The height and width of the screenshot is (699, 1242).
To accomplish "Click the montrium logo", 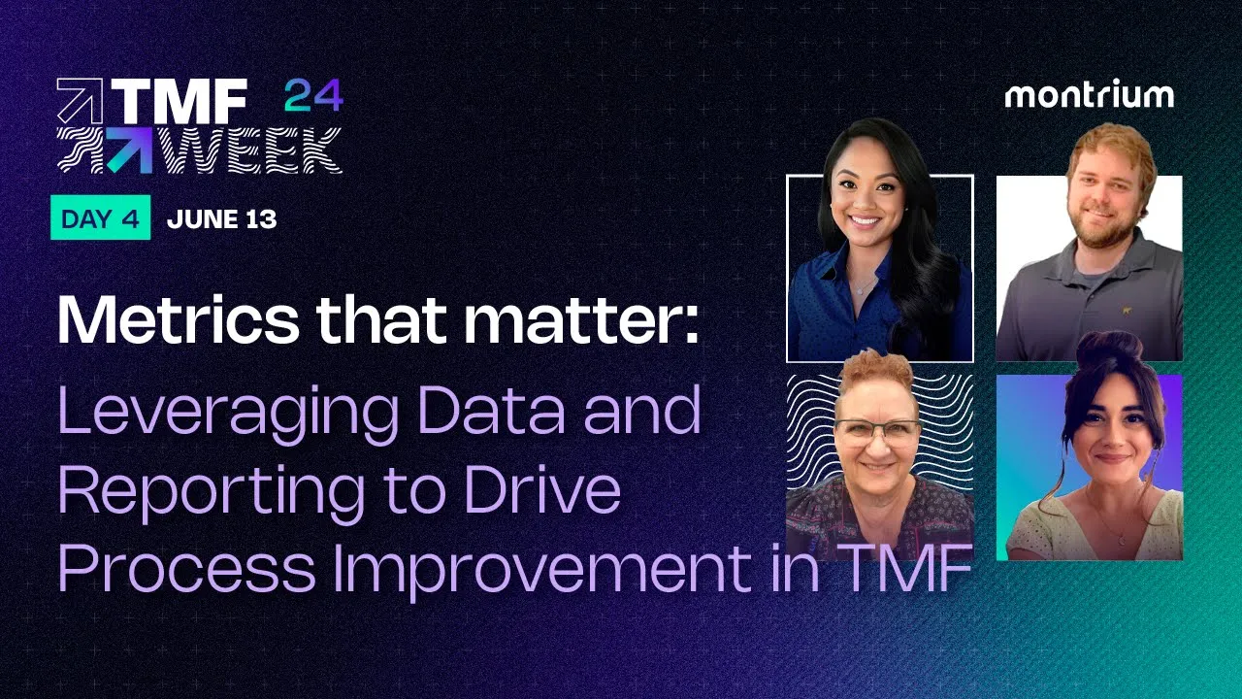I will coord(1089,95).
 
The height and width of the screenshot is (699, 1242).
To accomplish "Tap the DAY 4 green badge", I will coord(100,219).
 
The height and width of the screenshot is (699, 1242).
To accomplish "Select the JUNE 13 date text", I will coord(221,219).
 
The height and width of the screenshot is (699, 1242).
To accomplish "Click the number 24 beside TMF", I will coord(313,97).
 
